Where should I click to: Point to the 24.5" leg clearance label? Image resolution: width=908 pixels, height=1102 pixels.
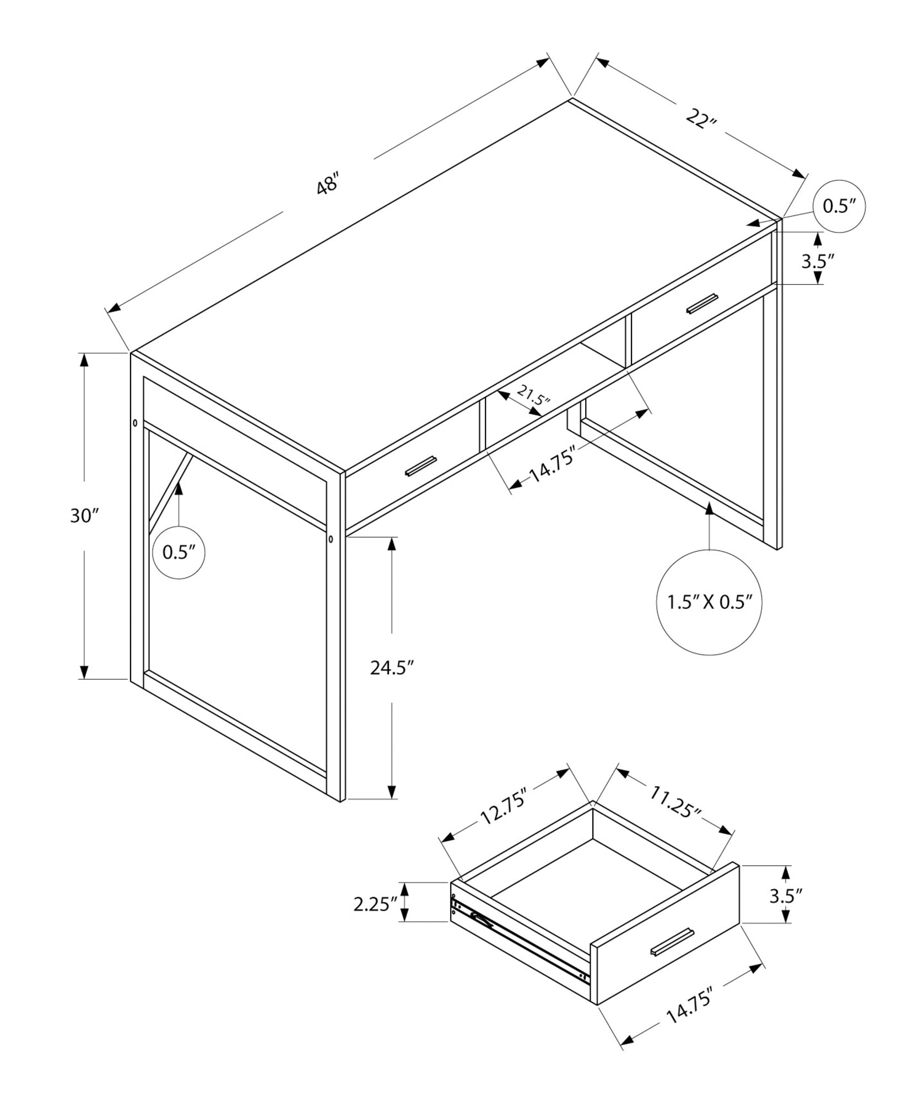coord(391,668)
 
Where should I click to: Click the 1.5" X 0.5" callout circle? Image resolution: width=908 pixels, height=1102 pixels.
coord(709,602)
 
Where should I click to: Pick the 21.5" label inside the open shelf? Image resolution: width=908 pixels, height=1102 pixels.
coord(533,396)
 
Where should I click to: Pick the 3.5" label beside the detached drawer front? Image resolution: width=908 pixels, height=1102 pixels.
coord(785,896)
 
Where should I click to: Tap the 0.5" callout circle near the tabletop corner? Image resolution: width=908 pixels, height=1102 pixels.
coord(839,206)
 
